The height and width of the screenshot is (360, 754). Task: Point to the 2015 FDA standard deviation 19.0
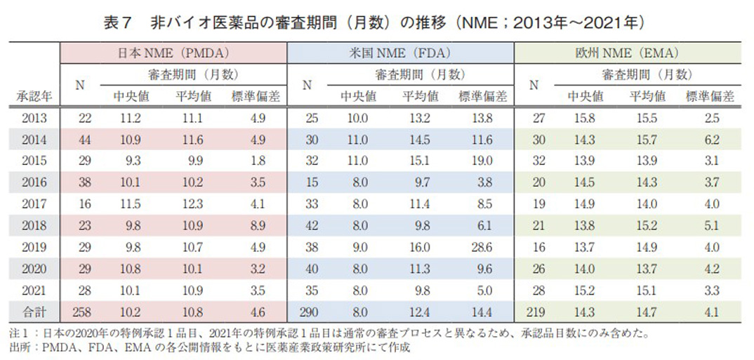click(x=480, y=161)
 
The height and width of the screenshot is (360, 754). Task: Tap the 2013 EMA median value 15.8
click(x=585, y=119)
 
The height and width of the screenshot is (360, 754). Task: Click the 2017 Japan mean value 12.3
click(x=190, y=203)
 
